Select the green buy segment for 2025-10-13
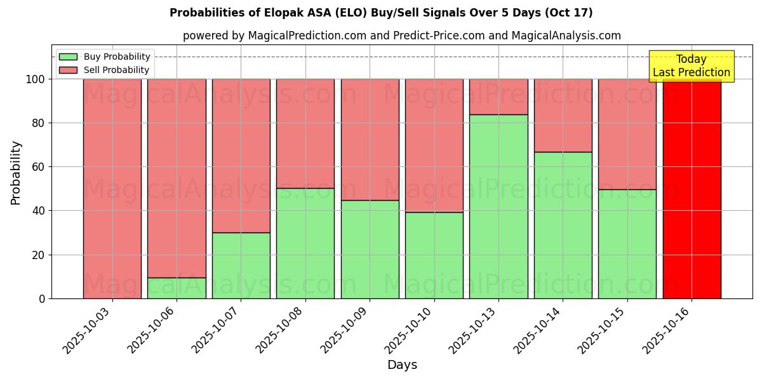tap(498, 206)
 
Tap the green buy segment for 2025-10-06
tap(177, 288)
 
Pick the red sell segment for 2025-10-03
tap(112, 189)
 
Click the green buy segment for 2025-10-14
tap(563, 225)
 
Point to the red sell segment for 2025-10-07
tap(241, 156)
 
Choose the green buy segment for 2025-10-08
tap(305, 243)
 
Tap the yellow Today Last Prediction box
tap(691, 66)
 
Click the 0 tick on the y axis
tap(42, 298)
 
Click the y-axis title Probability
tap(16, 173)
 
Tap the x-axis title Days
tap(402, 365)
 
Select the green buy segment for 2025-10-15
tap(627, 244)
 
